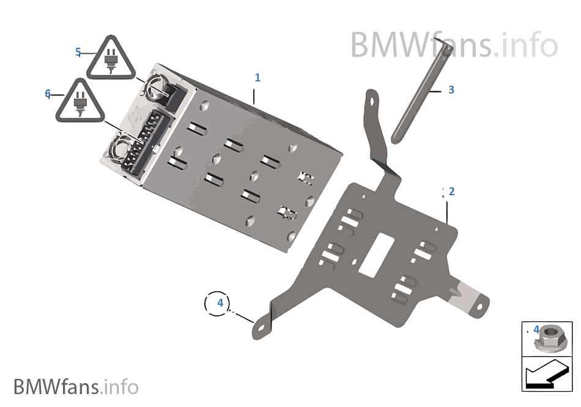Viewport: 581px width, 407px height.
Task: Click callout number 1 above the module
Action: click(x=257, y=78)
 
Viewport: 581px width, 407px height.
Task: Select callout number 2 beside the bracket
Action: click(x=451, y=191)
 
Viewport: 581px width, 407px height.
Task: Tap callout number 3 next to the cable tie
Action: click(x=451, y=90)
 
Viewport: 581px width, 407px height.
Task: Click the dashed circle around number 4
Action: click(x=217, y=302)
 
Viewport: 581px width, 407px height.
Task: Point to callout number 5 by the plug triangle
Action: click(x=78, y=52)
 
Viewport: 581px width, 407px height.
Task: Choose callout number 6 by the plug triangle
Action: click(x=48, y=94)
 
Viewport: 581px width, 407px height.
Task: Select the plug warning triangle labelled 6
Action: click(x=80, y=102)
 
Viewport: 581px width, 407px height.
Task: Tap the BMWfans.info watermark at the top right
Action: click(x=454, y=45)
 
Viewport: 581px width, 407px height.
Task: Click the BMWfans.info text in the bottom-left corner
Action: click(x=76, y=387)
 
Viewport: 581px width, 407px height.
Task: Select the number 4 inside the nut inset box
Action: click(x=536, y=330)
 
